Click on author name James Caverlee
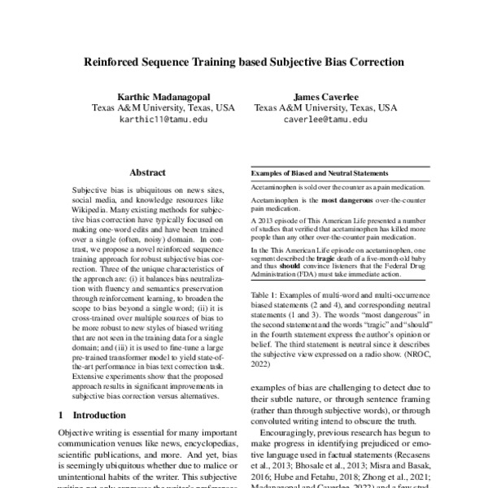(326, 93)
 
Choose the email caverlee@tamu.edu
(326, 119)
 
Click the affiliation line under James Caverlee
(326, 106)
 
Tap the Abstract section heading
(147, 172)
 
